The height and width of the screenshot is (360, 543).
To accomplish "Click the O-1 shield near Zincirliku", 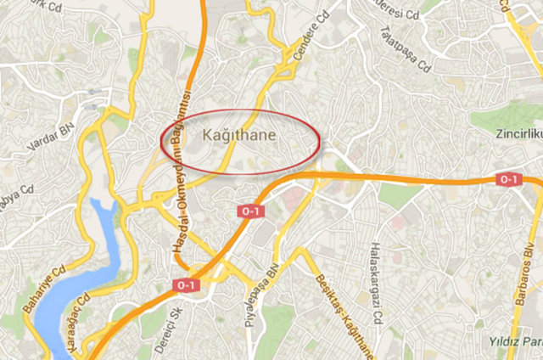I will click(x=507, y=179).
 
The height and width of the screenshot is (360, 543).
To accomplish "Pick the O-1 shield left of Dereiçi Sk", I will click(x=186, y=286).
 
